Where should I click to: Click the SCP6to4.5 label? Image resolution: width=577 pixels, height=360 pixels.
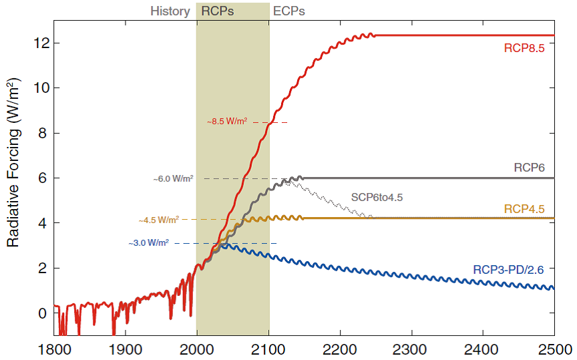[x=377, y=198]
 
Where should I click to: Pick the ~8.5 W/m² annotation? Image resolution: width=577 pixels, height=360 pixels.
[x=226, y=122]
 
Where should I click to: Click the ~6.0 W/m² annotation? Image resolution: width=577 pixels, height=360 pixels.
[x=172, y=179]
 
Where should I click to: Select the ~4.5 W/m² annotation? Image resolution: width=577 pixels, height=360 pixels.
[x=159, y=220]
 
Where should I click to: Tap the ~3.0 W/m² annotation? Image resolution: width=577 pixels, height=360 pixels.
[x=148, y=243]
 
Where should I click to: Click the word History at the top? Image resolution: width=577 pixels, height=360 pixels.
[x=170, y=11]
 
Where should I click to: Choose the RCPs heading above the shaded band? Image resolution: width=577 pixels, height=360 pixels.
[x=218, y=11]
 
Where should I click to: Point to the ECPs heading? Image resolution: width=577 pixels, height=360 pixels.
[x=289, y=11]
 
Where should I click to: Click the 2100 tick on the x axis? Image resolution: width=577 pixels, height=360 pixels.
[x=269, y=348]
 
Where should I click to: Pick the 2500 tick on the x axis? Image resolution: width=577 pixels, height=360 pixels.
[x=554, y=348]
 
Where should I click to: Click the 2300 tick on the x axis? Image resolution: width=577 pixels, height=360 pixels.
[x=412, y=348]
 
